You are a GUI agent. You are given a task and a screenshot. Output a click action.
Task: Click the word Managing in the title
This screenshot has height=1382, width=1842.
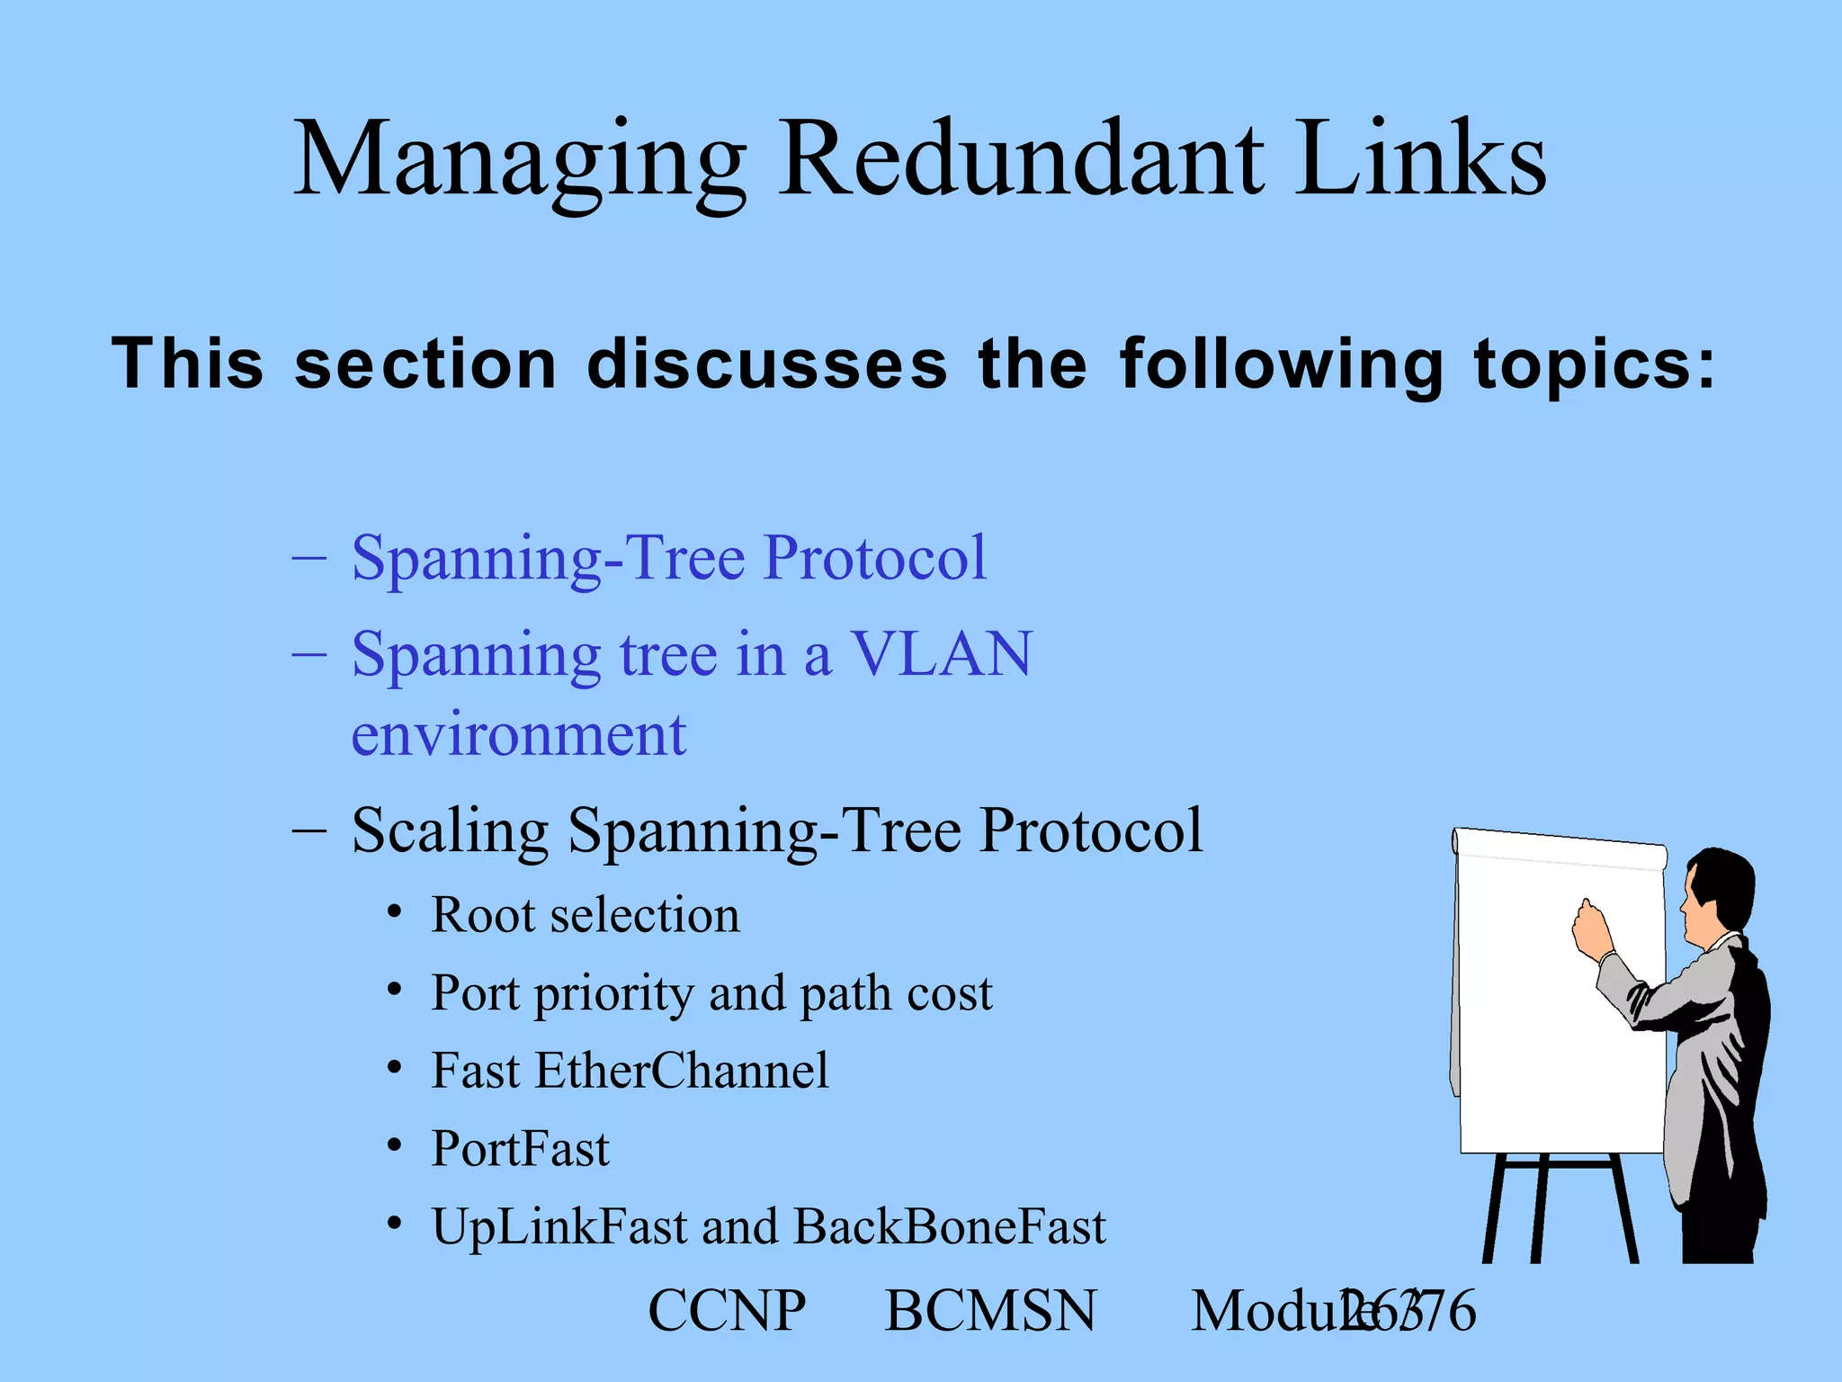coord(520,162)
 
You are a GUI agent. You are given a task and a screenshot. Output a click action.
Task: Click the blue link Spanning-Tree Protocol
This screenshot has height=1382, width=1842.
coord(668,558)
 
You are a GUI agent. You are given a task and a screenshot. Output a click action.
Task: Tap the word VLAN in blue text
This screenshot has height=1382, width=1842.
coord(942,654)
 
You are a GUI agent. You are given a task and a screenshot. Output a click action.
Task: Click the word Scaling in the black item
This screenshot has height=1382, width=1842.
coord(450,830)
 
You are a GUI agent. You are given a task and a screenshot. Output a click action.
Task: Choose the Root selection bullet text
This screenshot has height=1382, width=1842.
coord(585,916)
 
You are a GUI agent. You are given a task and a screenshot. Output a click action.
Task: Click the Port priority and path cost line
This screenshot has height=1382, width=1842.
coord(711,994)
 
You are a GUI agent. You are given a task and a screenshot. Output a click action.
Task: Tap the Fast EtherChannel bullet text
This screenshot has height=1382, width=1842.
coord(630,1072)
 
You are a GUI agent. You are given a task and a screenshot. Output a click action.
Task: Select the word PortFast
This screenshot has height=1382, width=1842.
coord(520,1149)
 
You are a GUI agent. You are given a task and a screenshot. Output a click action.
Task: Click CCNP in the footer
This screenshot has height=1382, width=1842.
coord(727,1311)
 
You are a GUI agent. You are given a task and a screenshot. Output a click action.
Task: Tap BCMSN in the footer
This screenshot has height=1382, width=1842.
coord(990,1311)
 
